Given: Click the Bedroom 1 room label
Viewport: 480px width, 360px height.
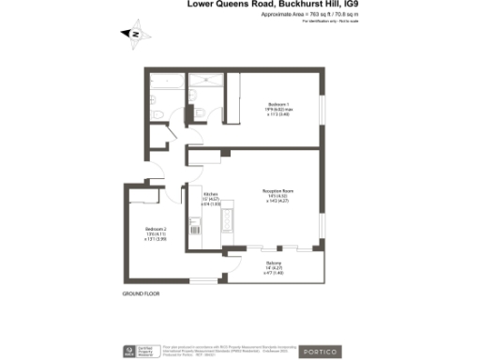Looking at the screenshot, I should tap(278, 103).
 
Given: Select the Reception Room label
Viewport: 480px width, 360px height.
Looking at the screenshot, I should tap(278, 190).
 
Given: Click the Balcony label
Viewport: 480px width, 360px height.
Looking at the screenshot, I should tap(273, 262).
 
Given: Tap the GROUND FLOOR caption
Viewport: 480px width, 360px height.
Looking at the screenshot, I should tap(141, 293).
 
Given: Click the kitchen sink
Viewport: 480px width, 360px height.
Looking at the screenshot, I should tap(196, 226).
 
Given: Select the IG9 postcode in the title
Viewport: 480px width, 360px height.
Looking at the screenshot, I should tap(352, 6).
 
